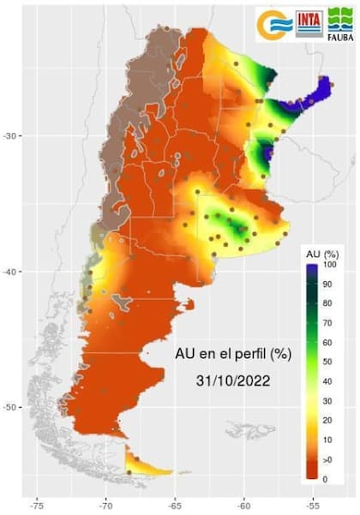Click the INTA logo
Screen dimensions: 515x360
pos(309,23)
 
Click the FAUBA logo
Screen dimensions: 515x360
pos(340,24)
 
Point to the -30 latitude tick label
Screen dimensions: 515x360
pos(12,135)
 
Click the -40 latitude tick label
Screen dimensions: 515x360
pos(12,272)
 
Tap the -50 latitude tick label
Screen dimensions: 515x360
pos(12,407)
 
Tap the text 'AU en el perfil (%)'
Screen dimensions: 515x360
pos(231,352)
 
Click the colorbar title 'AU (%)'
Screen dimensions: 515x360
pos(323,255)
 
